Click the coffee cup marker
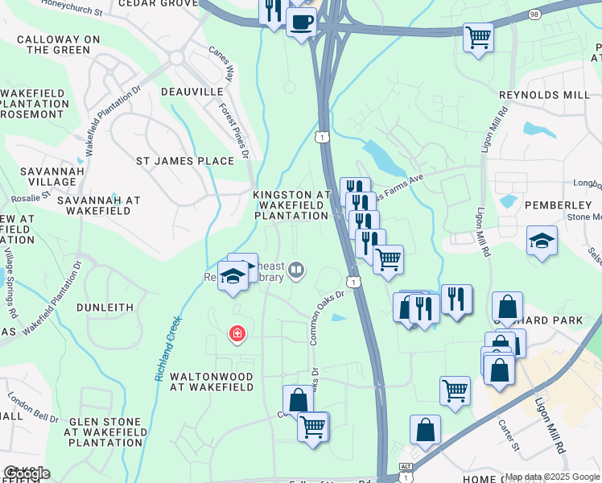tap(301, 22)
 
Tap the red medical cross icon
tap(237, 332)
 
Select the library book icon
tap(296, 270)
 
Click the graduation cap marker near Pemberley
tap(542, 241)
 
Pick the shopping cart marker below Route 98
tap(478, 36)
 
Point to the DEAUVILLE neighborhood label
tap(192, 92)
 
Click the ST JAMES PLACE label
tap(184, 161)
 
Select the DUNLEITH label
tap(105, 307)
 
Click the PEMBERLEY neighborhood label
tap(558, 205)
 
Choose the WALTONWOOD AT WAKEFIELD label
tap(212, 382)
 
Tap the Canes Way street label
tap(220, 64)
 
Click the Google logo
tap(26, 473)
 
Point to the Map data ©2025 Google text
tap(551, 477)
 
